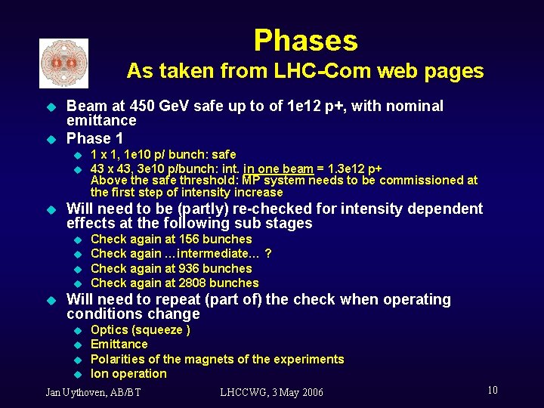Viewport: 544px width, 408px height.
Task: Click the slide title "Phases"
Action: point(305,40)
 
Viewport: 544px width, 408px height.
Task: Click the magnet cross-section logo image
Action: point(63,63)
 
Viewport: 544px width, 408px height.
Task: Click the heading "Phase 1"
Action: point(94,138)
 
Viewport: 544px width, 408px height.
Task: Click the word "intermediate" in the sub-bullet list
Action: point(212,254)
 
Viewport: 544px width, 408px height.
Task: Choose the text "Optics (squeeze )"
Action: point(140,330)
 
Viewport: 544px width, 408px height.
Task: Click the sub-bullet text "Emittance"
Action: point(119,345)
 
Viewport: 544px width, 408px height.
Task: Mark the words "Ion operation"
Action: point(128,374)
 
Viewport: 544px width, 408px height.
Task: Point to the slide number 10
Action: point(492,390)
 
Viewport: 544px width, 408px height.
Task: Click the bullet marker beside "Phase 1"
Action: point(51,139)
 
